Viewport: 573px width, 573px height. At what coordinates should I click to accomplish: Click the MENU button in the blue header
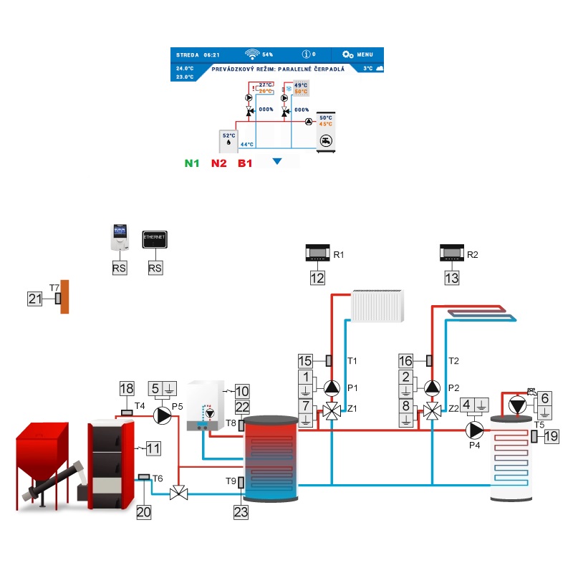click(357, 54)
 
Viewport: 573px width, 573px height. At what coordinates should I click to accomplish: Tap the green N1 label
click(192, 163)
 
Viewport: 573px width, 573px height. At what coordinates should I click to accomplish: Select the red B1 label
click(245, 163)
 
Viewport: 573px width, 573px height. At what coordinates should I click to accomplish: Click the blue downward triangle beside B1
click(277, 163)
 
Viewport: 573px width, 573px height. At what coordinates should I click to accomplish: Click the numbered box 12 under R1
click(317, 278)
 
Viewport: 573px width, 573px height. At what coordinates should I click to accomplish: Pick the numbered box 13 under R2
click(451, 278)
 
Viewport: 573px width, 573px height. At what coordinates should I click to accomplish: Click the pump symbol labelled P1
click(332, 387)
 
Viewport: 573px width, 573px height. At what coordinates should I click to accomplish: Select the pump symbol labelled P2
click(433, 387)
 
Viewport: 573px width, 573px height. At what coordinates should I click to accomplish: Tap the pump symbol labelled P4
click(475, 430)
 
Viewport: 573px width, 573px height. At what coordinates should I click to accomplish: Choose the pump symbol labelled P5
click(164, 414)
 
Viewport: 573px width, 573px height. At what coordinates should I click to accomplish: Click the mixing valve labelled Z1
click(332, 411)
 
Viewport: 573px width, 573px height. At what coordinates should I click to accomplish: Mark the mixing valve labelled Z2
click(433, 411)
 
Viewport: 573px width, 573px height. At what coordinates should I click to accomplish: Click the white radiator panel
click(377, 306)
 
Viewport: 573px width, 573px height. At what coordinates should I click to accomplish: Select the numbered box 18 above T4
click(127, 389)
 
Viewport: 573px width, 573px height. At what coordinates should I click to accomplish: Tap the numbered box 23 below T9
click(241, 511)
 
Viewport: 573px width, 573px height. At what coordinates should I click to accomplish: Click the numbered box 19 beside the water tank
click(550, 436)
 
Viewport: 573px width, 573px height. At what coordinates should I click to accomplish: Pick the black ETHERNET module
click(155, 240)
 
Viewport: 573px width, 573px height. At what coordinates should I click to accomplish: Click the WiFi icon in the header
click(252, 54)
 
